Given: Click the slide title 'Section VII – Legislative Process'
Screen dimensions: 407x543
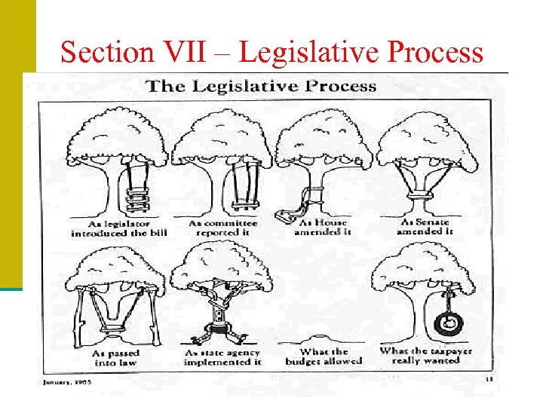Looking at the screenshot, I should click(x=271, y=52).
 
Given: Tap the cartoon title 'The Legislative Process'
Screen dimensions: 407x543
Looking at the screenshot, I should click(x=261, y=85).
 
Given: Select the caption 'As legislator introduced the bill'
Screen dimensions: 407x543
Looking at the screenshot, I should click(x=119, y=228).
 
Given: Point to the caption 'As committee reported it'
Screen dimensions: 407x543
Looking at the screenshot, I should click(x=222, y=228).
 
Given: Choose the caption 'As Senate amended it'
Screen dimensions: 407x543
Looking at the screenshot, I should click(x=427, y=228).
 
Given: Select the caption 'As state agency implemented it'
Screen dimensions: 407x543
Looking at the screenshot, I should click(x=222, y=357).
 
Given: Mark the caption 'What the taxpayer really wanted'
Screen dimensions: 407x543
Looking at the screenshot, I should click(x=427, y=356).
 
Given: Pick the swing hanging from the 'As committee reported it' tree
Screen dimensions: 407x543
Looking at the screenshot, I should click(x=242, y=188).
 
